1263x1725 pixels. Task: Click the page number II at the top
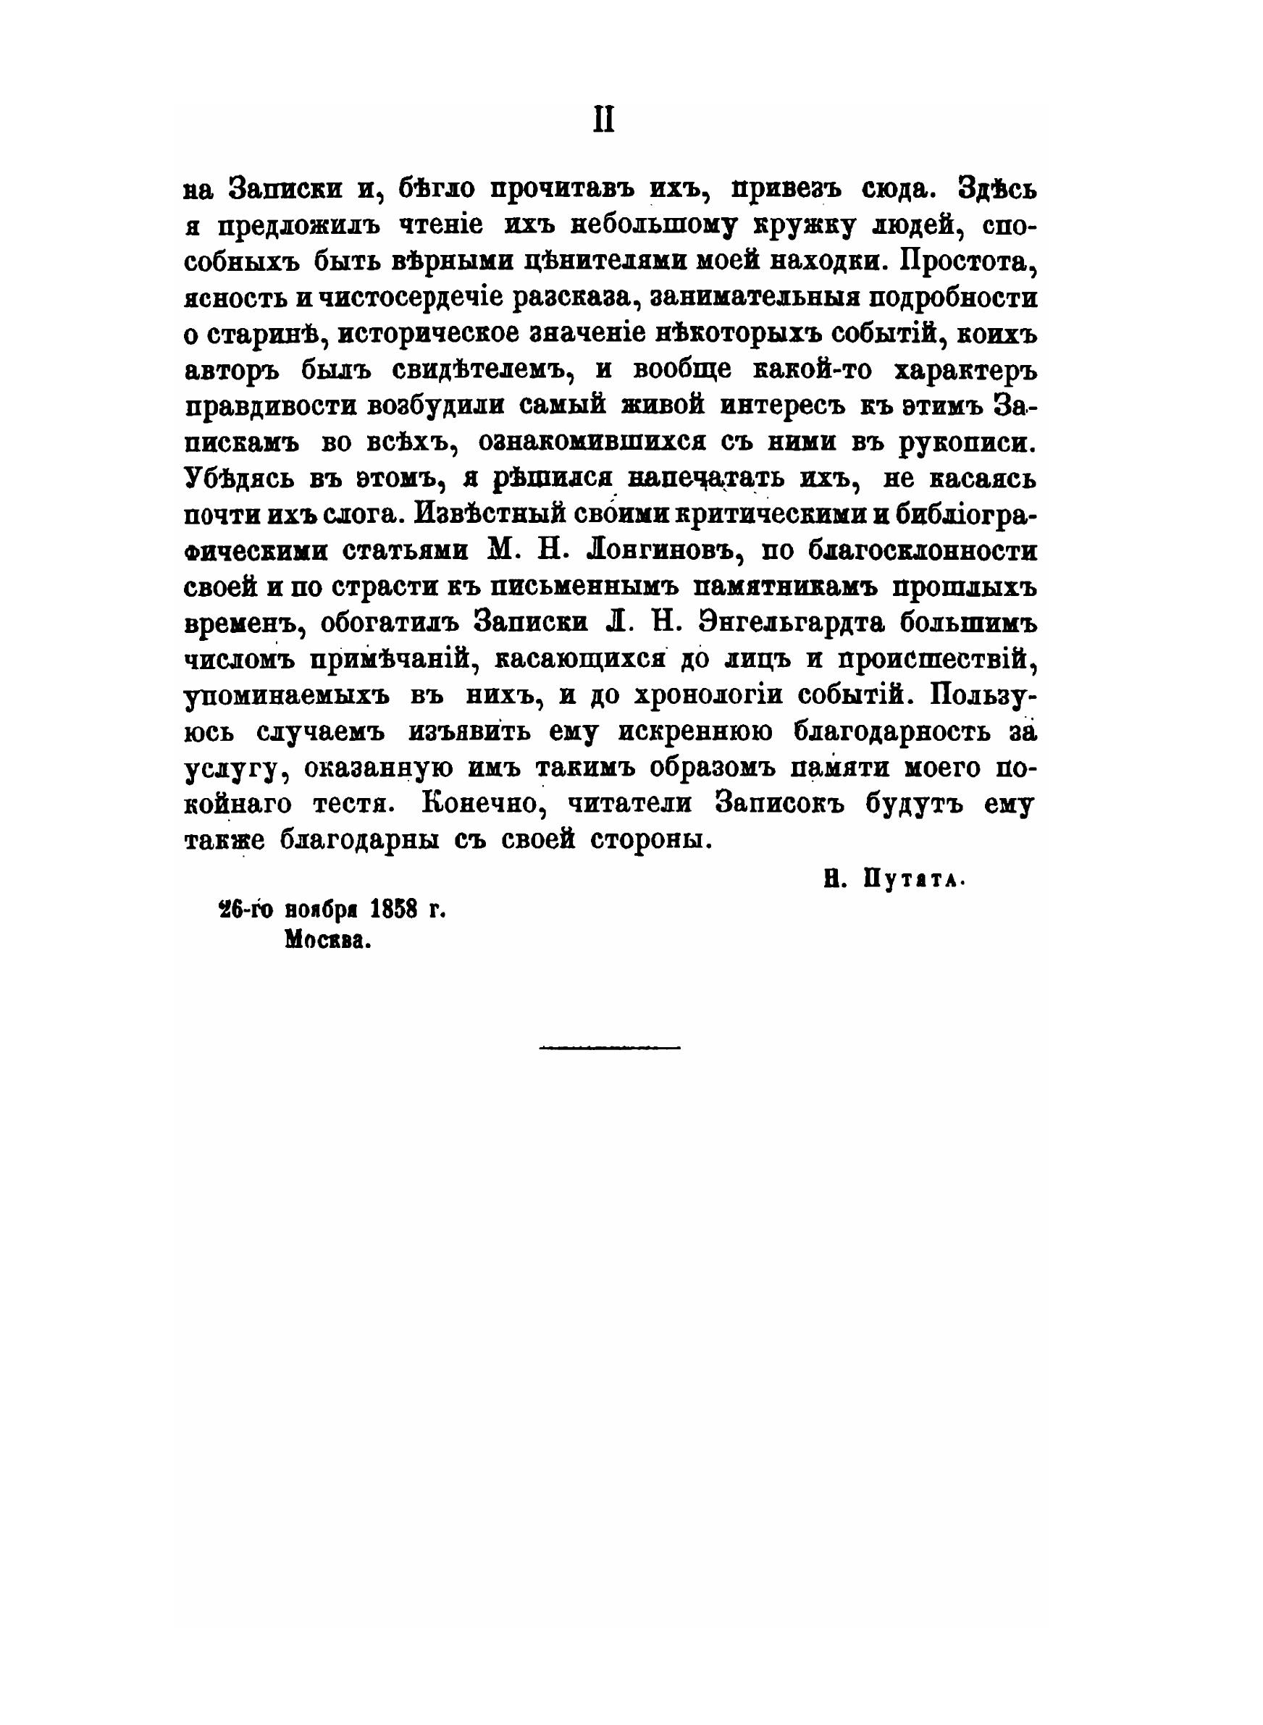click(603, 121)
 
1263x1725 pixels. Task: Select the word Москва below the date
click(328, 941)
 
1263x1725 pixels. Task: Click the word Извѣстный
click(487, 514)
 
